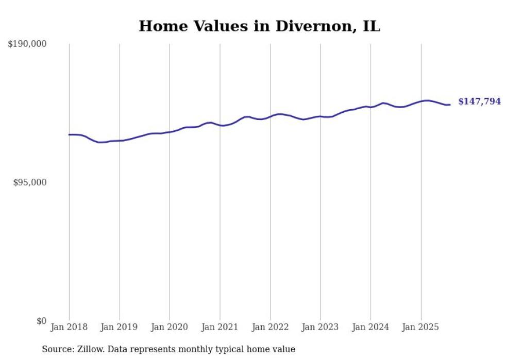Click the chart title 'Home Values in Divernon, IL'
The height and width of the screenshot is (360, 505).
(x=259, y=26)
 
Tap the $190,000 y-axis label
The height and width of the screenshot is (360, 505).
(x=27, y=44)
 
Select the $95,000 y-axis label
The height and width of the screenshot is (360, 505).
(x=30, y=183)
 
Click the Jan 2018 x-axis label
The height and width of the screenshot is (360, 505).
(x=69, y=327)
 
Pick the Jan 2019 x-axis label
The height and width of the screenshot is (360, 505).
(x=120, y=327)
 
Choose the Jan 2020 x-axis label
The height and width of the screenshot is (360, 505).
(x=170, y=327)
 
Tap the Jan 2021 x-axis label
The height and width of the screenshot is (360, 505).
(x=220, y=327)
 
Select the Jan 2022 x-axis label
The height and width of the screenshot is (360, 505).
(x=270, y=327)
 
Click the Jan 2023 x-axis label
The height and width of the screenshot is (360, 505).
(x=321, y=327)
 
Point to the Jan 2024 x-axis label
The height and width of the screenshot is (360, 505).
(x=371, y=327)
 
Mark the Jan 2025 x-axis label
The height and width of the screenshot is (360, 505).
(x=421, y=327)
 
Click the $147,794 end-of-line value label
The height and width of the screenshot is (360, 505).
(x=479, y=102)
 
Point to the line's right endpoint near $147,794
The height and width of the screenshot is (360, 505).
(x=450, y=105)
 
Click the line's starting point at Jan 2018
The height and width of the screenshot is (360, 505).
(x=69, y=134)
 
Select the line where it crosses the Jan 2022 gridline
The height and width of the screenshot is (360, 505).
(x=270, y=116)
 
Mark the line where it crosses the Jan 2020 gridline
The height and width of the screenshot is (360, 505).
(x=170, y=132)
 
